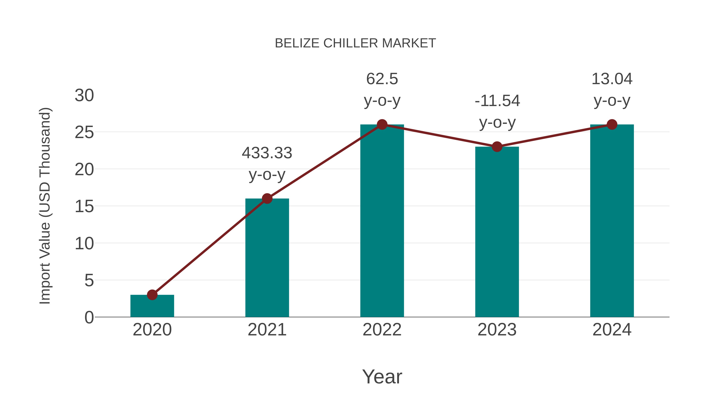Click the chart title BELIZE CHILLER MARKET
355,43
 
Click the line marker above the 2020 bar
152,295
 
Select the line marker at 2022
382,124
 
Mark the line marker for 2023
497,147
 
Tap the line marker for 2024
612,124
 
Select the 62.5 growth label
382,79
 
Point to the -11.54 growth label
497,101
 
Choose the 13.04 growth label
612,79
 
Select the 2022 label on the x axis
382,330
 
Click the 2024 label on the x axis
612,330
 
